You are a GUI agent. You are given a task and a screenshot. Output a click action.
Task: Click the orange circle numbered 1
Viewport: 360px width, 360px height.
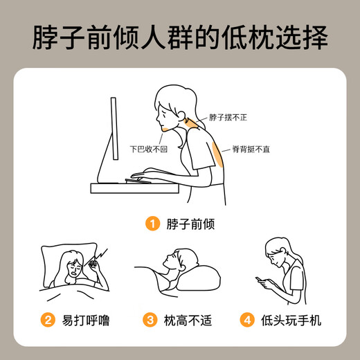pyautogui.click(x=152, y=224)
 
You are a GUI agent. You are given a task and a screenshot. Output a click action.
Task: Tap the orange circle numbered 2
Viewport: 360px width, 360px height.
pyautogui.click(x=48, y=320)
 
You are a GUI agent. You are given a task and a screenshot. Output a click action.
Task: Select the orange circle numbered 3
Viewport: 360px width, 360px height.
pyautogui.click(x=150, y=320)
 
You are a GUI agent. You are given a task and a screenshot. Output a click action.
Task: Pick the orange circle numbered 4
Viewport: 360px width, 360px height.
pyautogui.click(x=247, y=320)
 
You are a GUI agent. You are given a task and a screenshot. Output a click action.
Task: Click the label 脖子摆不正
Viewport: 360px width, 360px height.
pyautogui.click(x=228, y=118)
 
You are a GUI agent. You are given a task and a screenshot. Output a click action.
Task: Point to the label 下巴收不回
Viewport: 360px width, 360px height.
pyautogui.click(x=149, y=149)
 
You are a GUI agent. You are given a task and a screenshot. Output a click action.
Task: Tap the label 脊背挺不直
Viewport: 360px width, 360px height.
pyautogui.click(x=251, y=149)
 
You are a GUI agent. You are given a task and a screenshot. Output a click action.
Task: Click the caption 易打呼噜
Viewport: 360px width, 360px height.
pyautogui.click(x=86, y=321)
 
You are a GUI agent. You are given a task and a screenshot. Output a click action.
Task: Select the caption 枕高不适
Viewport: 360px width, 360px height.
pyautogui.click(x=188, y=321)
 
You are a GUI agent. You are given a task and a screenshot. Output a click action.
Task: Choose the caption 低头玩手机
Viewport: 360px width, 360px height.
pyautogui.click(x=291, y=321)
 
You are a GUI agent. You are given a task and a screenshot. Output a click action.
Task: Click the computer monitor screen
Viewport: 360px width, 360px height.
pyautogui.click(x=114, y=129)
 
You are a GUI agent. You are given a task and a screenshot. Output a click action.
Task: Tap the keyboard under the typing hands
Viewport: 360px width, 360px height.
pyautogui.click(x=138, y=181)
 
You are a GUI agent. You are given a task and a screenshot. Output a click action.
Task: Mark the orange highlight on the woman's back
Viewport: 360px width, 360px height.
pyautogui.click(x=217, y=154)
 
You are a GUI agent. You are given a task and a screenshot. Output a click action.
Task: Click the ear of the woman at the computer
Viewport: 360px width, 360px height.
pyautogui.click(x=181, y=115)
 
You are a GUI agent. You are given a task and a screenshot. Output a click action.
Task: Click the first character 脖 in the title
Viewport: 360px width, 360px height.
pyautogui.click(x=46, y=37)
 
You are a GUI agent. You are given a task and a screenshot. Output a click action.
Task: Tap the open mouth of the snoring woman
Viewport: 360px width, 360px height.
pyautogui.click(x=74, y=273)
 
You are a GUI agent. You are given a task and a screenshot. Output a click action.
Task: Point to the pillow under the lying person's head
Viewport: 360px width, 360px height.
pyautogui.click(x=199, y=278)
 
